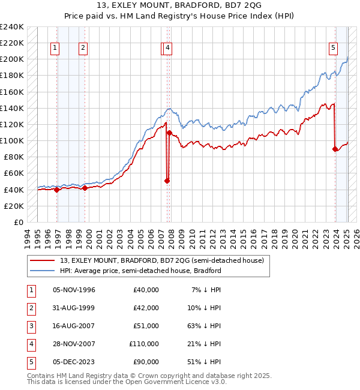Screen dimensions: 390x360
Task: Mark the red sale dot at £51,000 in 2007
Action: (167, 180)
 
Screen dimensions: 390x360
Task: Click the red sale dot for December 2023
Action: (335, 149)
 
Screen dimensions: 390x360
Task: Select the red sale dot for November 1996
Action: (56, 190)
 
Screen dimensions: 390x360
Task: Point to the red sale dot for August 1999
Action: (85, 188)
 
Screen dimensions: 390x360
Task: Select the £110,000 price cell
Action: (144, 344)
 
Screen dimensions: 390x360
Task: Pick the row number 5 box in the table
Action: (30, 362)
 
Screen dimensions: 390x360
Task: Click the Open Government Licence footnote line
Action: (127, 382)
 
